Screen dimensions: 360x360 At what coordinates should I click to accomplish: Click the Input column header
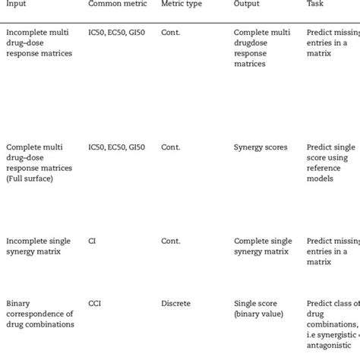click(x=17, y=5)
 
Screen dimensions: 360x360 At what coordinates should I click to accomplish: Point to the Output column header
click(x=247, y=5)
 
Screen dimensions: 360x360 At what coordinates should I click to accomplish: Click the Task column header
click(x=317, y=5)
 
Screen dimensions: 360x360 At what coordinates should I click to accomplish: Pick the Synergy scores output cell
click(x=261, y=147)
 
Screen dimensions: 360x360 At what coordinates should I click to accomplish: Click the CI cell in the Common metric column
click(x=93, y=241)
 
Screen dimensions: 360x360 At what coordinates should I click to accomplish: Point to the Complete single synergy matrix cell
click(x=262, y=246)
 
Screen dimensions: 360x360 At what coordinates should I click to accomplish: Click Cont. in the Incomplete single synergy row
click(x=171, y=241)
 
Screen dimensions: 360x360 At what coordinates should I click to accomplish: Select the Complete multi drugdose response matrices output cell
click(x=261, y=49)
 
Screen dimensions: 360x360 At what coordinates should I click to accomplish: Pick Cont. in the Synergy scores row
click(x=171, y=147)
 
